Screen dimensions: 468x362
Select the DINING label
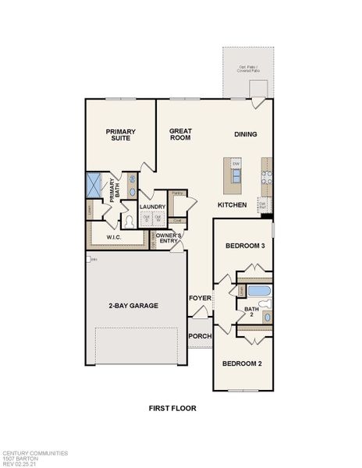point(246,134)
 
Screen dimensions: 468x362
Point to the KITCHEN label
point(232,204)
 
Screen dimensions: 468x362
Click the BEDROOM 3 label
point(246,246)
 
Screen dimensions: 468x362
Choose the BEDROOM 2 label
point(241,363)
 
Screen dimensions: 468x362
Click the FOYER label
point(200,298)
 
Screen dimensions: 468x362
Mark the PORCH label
point(199,336)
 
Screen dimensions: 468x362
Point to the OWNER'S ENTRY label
point(169,239)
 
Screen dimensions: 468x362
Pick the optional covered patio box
point(249,71)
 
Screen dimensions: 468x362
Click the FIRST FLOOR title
point(172,408)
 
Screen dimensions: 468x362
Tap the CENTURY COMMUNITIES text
point(35,452)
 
